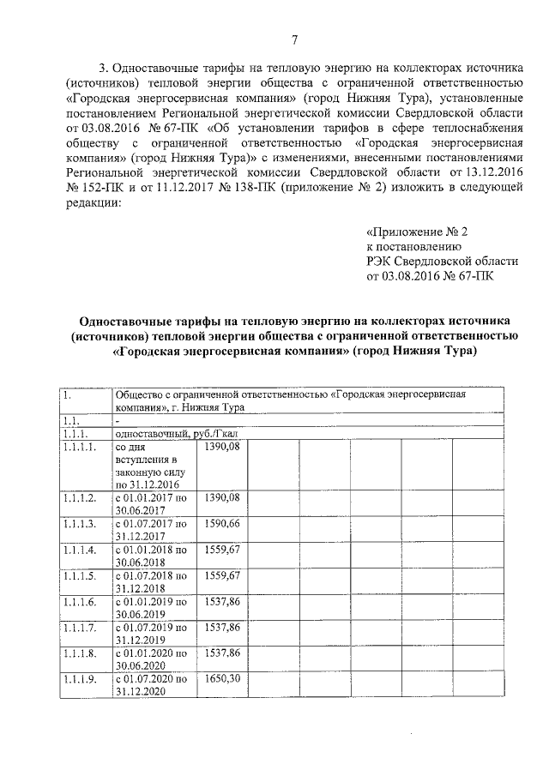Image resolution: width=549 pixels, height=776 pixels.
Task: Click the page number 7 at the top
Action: pos(294,40)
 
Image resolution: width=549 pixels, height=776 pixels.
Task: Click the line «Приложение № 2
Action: pos(417,232)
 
